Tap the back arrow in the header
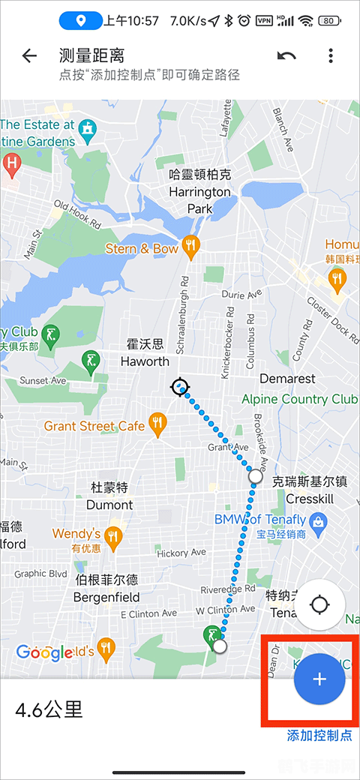coord(29,56)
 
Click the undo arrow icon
coord(286,56)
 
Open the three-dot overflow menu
coord(331,56)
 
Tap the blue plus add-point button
coord(319,679)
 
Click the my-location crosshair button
coord(320,604)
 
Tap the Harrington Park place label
coord(199,192)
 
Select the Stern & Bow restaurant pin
coord(192,247)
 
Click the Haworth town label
coord(145,353)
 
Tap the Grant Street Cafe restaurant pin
coord(157,425)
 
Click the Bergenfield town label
coord(106,589)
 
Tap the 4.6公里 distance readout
coord(49,709)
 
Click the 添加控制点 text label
coord(319,735)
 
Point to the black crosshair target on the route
coord(179,387)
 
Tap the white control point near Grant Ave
coord(256,475)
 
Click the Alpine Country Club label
coord(300,399)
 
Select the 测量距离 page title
coord(91,55)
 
